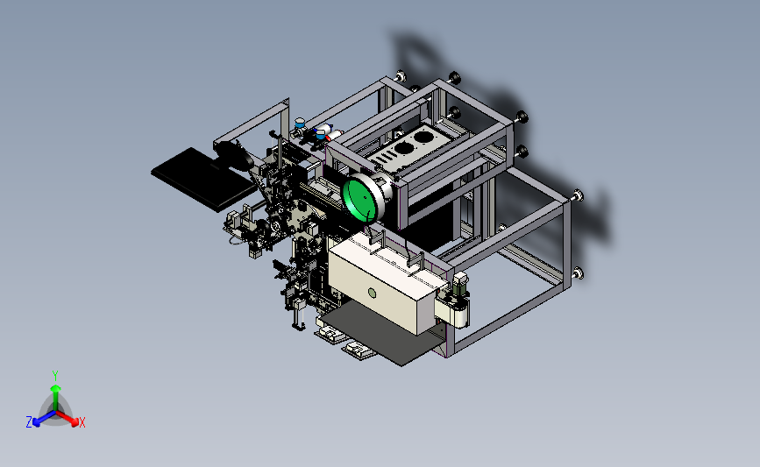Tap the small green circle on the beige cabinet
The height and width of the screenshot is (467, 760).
(373, 293)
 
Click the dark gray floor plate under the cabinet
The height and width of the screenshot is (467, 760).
(383, 336)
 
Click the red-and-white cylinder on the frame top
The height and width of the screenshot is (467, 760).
(330, 133)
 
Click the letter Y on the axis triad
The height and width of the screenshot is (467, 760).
(55, 376)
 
